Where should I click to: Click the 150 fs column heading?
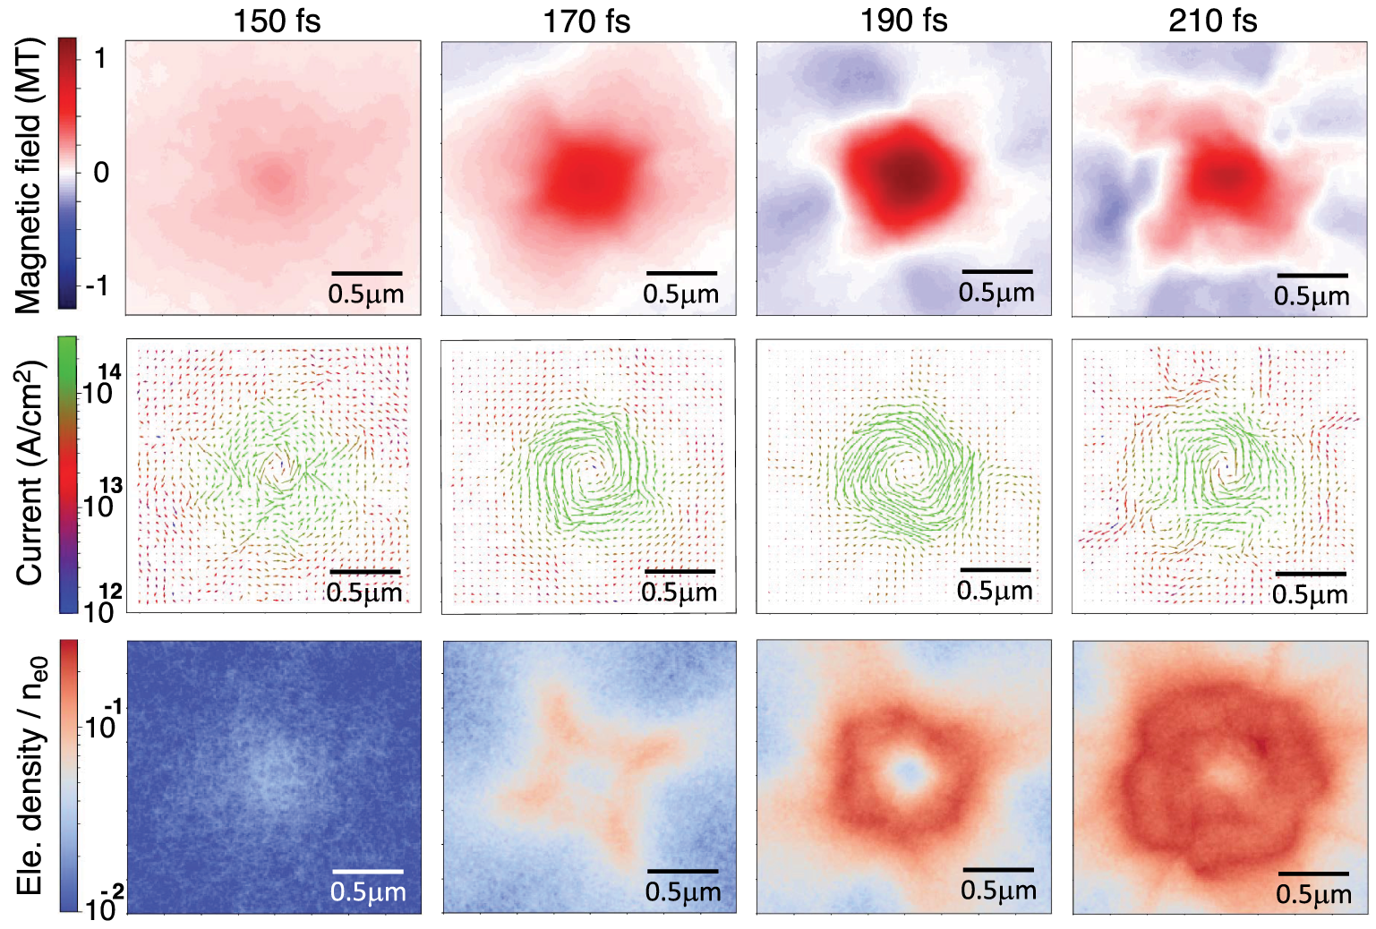(x=276, y=21)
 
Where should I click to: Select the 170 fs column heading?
(x=586, y=21)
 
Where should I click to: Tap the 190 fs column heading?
(x=903, y=21)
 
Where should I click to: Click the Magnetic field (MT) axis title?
(x=29, y=175)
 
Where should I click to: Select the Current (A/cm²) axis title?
(x=29, y=473)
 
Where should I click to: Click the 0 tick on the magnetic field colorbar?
(x=101, y=172)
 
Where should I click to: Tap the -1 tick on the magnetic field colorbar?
(x=96, y=286)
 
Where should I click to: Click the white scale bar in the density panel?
(x=367, y=871)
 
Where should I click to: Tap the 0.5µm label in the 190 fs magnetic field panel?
(x=996, y=293)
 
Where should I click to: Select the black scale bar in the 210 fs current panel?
(x=1311, y=574)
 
